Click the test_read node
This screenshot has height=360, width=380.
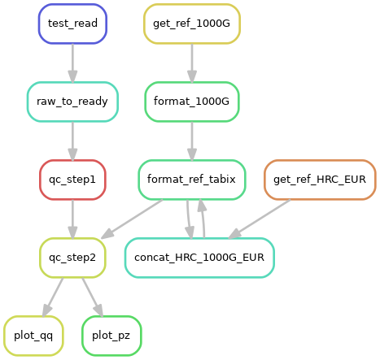(72, 24)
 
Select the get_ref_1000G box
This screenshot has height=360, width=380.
(192, 24)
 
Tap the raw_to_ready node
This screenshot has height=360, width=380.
(72, 102)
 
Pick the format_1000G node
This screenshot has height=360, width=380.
(192, 102)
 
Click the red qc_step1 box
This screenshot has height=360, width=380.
(72, 180)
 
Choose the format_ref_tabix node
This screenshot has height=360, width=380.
(192, 180)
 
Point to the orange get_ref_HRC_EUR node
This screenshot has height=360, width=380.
(320, 180)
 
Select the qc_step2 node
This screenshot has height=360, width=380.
(72, 258)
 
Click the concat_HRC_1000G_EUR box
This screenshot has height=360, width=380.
(199, 258)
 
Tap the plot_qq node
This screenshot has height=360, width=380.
(33, 336)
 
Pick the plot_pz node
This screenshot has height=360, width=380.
(111, 336)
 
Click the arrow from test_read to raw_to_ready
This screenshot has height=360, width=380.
(72, 63)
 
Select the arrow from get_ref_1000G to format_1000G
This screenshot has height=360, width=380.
(192, 63)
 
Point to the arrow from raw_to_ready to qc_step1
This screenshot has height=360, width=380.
(72, 141)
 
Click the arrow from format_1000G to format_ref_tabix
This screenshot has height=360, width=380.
(192, 141)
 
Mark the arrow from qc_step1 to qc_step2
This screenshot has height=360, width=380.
(72, 219)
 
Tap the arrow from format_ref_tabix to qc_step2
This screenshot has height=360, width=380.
(132, 219)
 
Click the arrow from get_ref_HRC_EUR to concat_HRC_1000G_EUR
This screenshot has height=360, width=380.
(260, 219)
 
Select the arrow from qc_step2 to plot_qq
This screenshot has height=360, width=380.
(53, 297)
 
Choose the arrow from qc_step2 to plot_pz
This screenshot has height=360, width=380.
(93, 297)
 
